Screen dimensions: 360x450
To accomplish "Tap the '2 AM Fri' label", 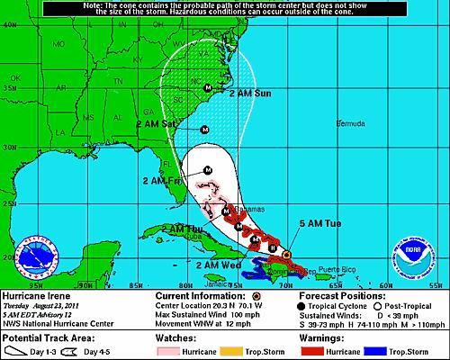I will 163,181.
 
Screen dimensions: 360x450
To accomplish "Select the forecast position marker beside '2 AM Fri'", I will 207,168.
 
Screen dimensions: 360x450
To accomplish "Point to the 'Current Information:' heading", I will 199,294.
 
